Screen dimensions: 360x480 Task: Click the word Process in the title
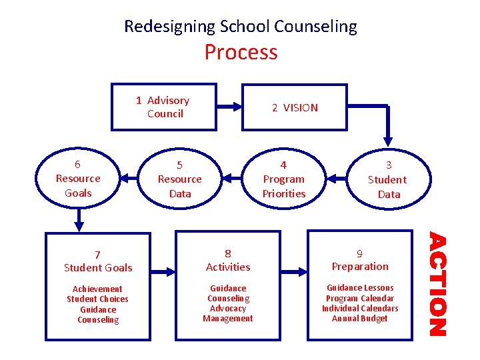241,52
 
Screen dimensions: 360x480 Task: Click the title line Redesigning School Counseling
241,27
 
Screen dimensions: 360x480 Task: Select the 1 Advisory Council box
163,107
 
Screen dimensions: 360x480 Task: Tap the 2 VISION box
294,107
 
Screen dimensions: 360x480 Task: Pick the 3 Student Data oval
389,179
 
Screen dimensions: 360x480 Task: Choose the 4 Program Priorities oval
283,179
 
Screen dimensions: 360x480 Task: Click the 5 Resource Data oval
179,179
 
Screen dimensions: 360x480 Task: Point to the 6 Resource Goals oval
78,179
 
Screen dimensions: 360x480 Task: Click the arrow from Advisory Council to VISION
229,105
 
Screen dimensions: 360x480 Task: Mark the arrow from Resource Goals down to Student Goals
79,216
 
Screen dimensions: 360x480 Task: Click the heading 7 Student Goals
98,261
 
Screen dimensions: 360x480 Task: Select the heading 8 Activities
228,260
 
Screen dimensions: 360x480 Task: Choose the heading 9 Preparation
360,260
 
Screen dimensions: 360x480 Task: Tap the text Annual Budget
360,319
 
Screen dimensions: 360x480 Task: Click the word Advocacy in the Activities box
228,309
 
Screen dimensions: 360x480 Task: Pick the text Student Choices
98,299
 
